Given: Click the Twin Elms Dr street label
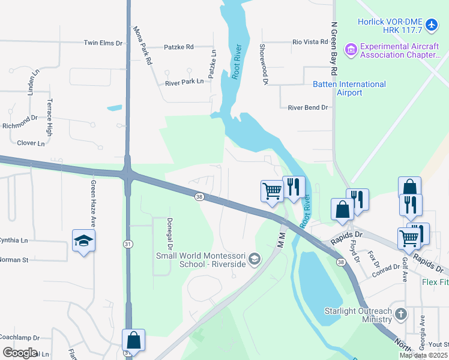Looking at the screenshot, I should (x=103, y=43).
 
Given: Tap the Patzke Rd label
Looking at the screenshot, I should (x=179, y=47).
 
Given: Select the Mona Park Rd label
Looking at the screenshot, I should (x=142, y=46).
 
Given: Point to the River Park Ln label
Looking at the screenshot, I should (x=184, y=83).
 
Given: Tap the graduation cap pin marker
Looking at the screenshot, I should (x=84, y=241).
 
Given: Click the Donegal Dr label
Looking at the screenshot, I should (x=170, y=234).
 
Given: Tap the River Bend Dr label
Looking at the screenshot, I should (x=308, y=108).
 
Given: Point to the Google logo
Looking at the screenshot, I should (x=20, y=352).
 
